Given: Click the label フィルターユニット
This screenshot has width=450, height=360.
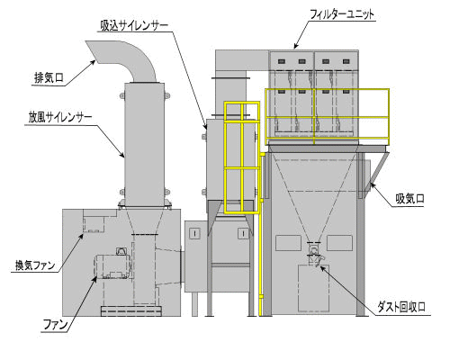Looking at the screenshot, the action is [x=342, y=14].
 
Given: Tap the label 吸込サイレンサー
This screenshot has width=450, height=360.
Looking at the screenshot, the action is [x=134, y=26].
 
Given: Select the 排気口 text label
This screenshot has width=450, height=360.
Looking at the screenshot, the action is [x=49, y=78].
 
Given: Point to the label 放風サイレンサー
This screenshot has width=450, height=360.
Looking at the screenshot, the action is [x=60, y=117].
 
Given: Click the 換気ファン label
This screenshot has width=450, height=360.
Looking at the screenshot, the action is [x=35, y=265].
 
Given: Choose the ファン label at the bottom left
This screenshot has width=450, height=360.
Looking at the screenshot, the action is [x=56, y=325].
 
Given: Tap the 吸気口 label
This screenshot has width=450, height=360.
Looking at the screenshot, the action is [x=409, y=199].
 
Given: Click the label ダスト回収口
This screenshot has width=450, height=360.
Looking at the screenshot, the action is [x=401, y=307].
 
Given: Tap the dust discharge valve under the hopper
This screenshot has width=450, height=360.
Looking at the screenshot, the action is [x=314, y=252].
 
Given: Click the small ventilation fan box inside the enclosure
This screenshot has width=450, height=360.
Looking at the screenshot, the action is [x=94, y=224].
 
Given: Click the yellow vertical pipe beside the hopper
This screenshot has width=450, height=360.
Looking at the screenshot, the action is [x=261, y=234].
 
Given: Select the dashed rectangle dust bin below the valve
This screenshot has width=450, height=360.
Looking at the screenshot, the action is [x=313, y=288].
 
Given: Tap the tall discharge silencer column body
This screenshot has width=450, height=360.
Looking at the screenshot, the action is [x=144, y=145].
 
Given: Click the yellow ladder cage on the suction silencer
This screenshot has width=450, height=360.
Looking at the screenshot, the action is [x=242, y=157].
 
